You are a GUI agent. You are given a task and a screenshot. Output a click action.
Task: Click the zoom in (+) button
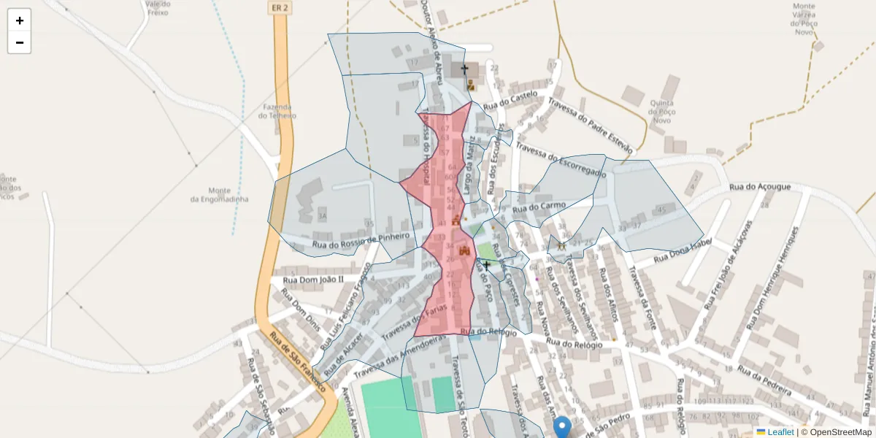pos(20,20)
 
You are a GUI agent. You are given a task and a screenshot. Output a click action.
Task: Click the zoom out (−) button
pos(20,42)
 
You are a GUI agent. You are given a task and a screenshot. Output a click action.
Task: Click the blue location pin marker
pos(561,426)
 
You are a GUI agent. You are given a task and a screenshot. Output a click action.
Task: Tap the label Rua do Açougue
pos(760,187)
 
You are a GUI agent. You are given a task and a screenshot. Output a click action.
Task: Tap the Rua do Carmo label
pos(539,207)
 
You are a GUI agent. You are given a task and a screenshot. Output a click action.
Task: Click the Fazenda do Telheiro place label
pos(279,111)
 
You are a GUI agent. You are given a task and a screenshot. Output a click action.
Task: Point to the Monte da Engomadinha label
pos(219,194)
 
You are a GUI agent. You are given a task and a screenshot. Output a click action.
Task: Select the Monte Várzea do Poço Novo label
pos(804,19)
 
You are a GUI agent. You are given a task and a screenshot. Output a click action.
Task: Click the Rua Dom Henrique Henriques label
pos(769,277)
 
